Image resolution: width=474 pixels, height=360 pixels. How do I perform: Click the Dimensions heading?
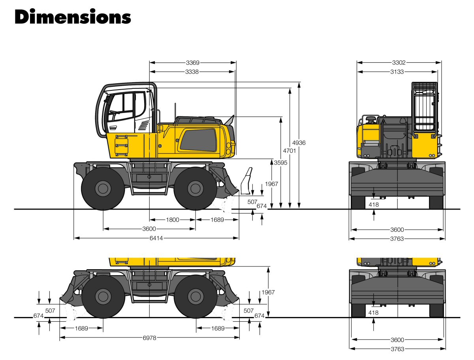pyautogui.click(x=73, y=17)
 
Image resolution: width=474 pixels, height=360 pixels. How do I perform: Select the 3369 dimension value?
pyautogui.click(x=193, y=62)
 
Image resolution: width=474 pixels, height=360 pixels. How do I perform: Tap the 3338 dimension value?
pyautogui.click(x=192, y=72)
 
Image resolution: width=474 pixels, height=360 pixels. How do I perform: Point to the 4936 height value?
pyautogui.click(x=299, y=143)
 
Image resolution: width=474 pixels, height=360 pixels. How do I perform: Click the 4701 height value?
pyautogui.click(x=290, y=150)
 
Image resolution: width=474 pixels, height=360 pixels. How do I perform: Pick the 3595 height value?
pyautogui.click(x=280, y=163)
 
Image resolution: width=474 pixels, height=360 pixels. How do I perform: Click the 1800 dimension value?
pyautogui.click(x=173, y=220)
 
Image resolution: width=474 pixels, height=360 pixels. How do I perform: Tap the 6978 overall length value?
pyautogui.click(x=149, y=337)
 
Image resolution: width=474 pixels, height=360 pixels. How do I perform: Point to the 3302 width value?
pyautogui.click(x=399, y=62)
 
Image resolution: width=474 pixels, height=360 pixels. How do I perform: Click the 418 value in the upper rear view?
pyautogui.click(x=374, y=204)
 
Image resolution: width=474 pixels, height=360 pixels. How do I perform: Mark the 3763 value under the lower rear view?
pyautogui.click(x=397, y=349)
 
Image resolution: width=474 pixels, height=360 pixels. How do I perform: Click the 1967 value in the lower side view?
pyautogui.click(x=268, y=292)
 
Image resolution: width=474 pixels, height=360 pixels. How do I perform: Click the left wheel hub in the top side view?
pyautogui.click(x=103, y=188)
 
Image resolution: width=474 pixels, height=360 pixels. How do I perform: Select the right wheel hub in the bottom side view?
pyautogui.click(x=195, y=296)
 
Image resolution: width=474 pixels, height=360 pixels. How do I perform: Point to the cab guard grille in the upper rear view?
pyautogui.click(x=424, y=107)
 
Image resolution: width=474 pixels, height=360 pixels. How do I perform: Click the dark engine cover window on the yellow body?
pyautogui.click(x=199, y=140)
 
